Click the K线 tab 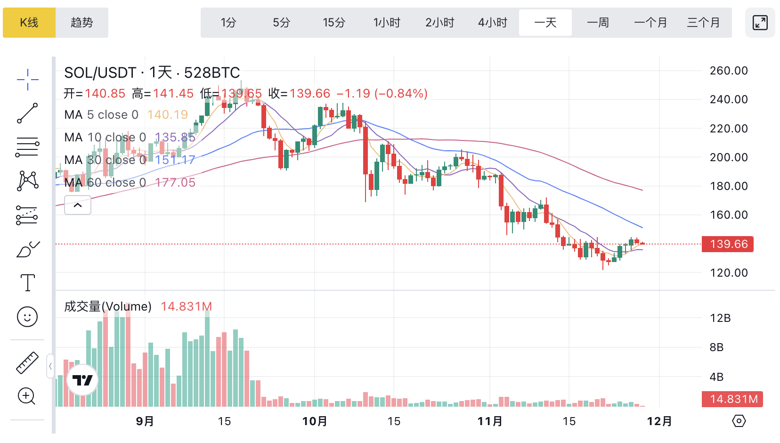click(29, 23)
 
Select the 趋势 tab click(82, 23)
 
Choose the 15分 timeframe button click(334, 23)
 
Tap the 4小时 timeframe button click(492, 23)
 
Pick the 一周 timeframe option click(598, 23)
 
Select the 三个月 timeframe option click(703, 23)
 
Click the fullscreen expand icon click(760, 23)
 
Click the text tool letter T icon click(27, 283)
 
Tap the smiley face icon click(27, 317)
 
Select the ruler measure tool click(27, 363)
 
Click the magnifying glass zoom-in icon click(27, 396)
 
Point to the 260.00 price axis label click(729, 71)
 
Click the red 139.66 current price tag click(728, 244)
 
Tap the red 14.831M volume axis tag click(732, 399)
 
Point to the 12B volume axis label click(720, 318)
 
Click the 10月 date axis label click(315, 421)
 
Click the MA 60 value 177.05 click(175, 182)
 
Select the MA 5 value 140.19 click(168, 115)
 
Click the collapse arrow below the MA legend click(78, 205)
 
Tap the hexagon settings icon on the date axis click(739, 421)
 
